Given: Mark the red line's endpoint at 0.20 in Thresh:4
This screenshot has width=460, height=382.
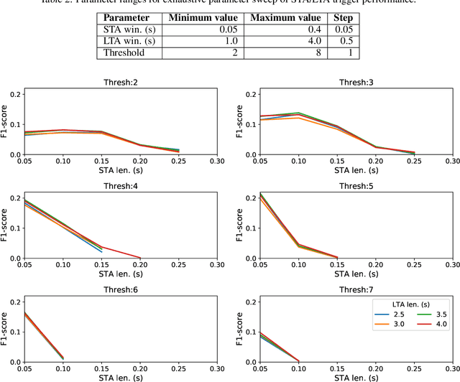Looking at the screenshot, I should pos(141,258).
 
